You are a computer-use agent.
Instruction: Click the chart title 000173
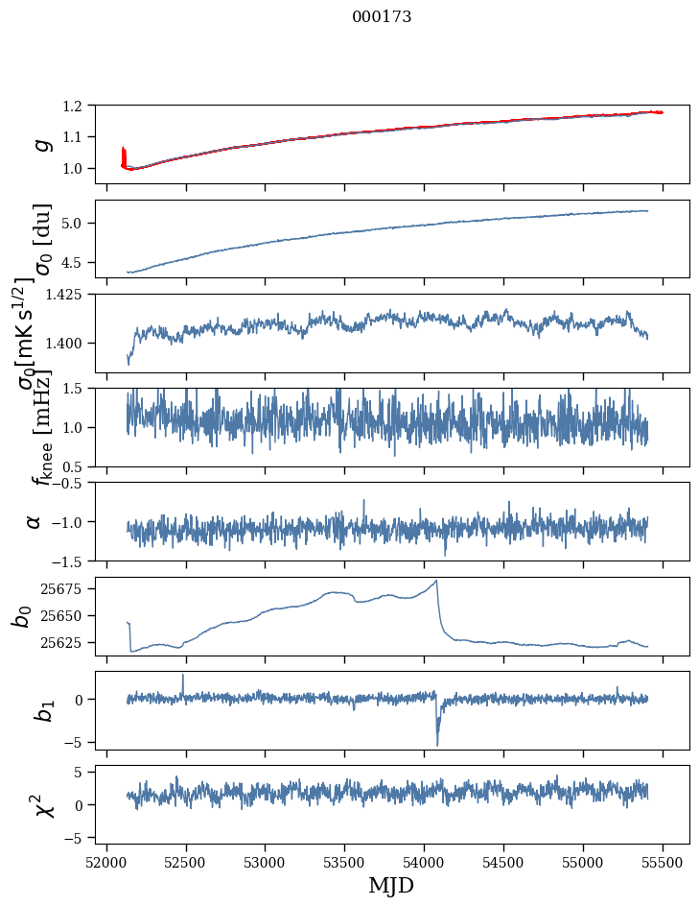point(382,17)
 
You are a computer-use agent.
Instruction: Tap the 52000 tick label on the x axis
point(106,861)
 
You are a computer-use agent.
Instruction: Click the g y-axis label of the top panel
point(39,144)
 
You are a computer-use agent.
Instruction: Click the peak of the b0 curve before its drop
point(436,581)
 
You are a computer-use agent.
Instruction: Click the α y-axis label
point(35,521)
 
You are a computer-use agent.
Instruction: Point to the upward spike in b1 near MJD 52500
point(183,676)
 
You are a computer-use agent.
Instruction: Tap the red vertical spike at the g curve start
point(124,154)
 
